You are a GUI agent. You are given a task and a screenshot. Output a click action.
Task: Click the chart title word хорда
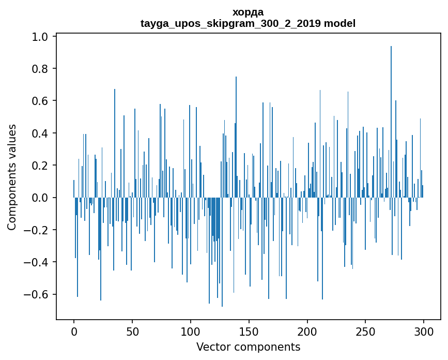tap(248, 12)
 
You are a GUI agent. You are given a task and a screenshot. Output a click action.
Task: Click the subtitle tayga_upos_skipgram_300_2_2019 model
tap(248, 23)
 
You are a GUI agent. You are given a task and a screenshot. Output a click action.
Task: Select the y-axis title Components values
tap(12, 177)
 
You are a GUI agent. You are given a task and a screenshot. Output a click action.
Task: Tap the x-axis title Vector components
tap(248, 347)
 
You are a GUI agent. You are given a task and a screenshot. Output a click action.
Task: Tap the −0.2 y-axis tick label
tap(38, 230)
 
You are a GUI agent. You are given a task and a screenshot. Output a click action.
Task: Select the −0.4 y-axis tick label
tap(38, 262)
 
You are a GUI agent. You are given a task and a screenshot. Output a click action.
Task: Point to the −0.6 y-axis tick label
tap(38, 294)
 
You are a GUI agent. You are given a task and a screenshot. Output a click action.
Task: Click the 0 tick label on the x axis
tap(74, 331)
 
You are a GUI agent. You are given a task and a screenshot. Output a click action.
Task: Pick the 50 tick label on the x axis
tap(132, 331)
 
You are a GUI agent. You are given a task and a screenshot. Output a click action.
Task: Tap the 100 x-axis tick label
tap(191, 331)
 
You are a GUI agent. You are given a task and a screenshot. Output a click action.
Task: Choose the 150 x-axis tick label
tap(249, 331)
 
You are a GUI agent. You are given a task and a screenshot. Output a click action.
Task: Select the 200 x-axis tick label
tap(307, 331)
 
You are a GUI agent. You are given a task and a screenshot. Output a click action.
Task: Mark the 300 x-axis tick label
tap(424, 331)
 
